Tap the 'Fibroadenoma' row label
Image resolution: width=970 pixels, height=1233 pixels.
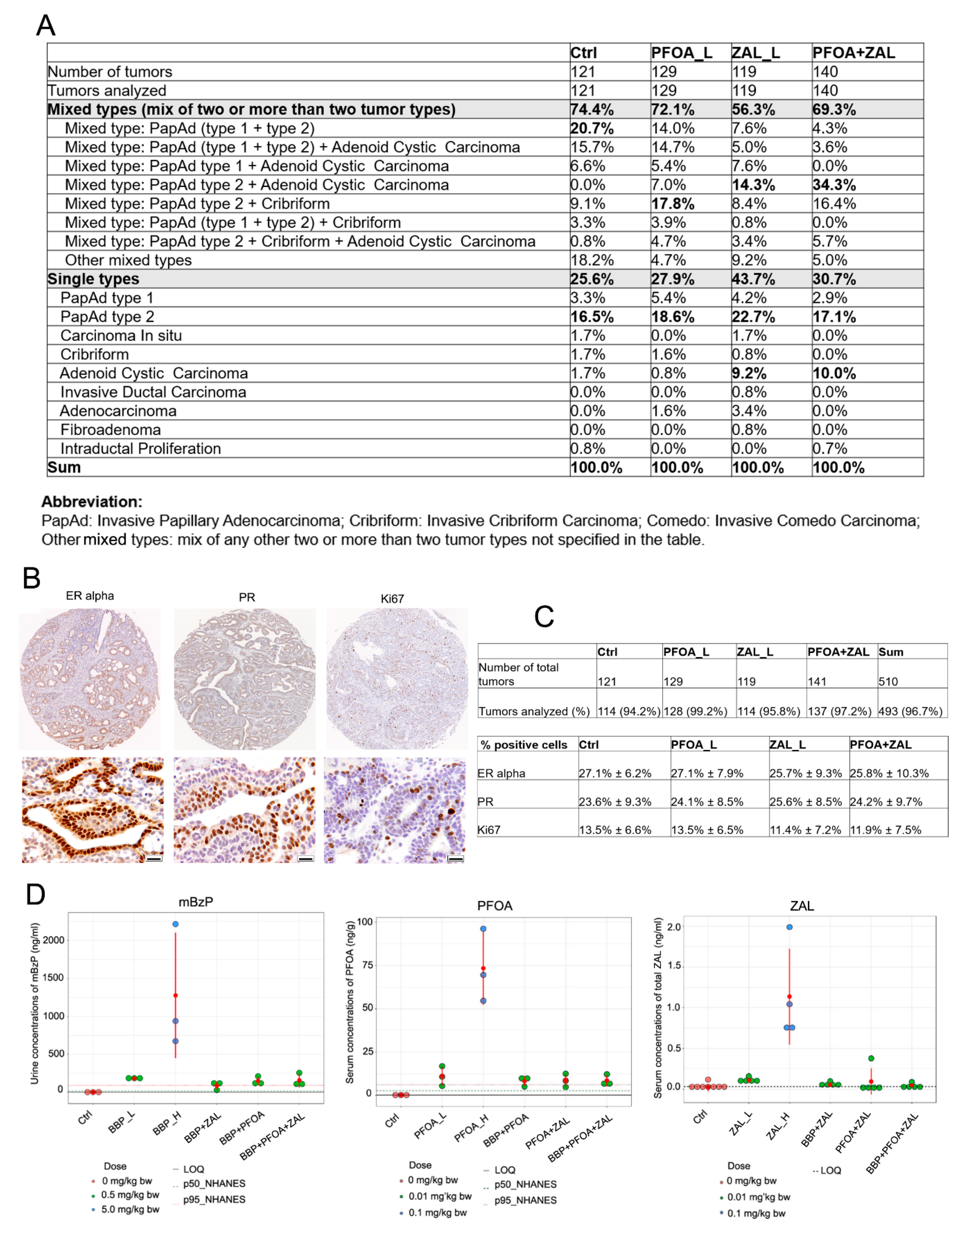pos(111,430)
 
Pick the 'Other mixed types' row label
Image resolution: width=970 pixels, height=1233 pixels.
pos(128,260)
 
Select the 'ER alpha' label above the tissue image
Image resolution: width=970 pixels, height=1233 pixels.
pos(90,596)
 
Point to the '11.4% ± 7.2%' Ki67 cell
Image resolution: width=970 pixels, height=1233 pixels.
pos(805,830)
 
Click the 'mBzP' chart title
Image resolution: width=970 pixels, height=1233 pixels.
pos(196,902)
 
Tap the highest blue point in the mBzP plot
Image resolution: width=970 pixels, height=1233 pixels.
pos(176,924)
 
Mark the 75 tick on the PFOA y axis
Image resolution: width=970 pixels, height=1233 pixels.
pos(365,965)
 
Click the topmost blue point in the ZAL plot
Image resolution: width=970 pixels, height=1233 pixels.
pos(789,927)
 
